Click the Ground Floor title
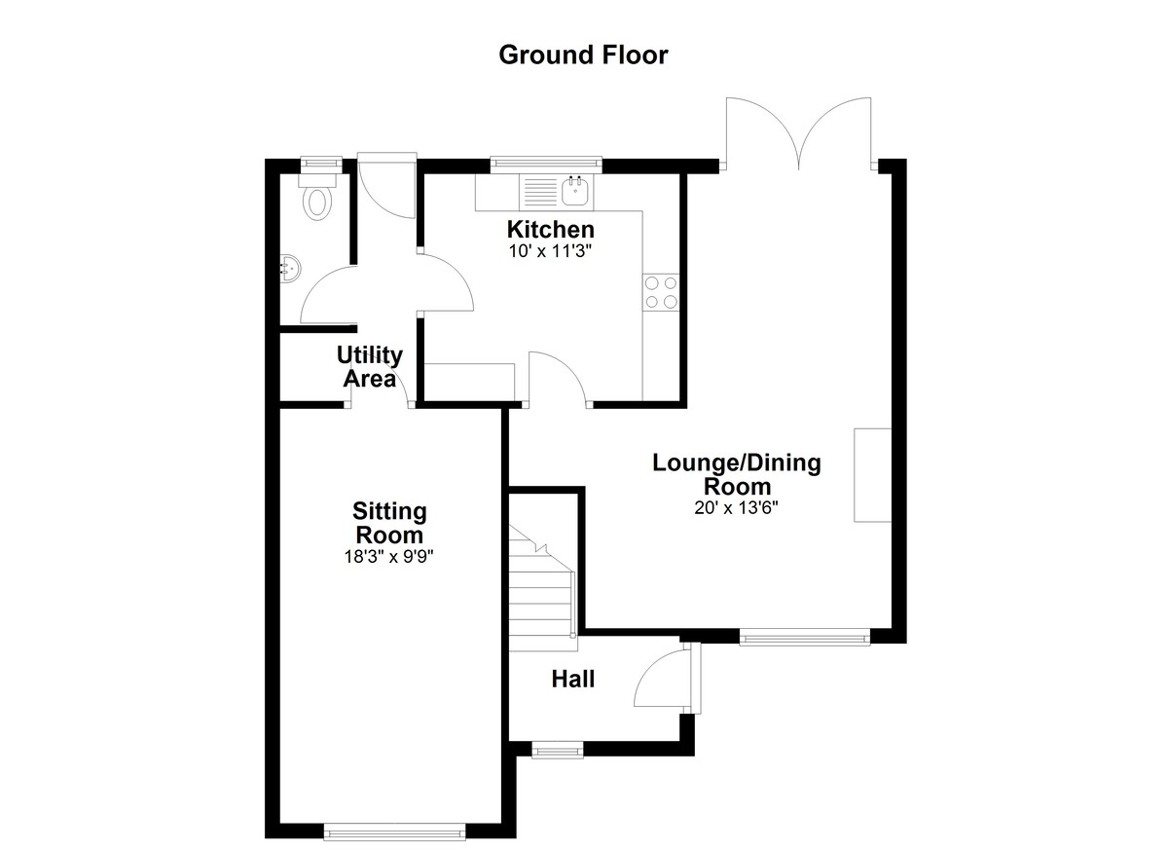(583, 55)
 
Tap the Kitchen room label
(551, 229)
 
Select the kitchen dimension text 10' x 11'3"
(551, 252)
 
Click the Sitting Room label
(389, 523)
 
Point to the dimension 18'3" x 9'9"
(389, 557)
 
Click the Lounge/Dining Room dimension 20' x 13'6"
(736, 507)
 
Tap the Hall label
(573, 679)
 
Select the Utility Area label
(370, 367)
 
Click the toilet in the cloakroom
(317, 197)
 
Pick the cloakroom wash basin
(290, 269)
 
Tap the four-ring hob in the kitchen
(661, 292)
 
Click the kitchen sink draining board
(541, 192)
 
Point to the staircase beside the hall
(542, 588)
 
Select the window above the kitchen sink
(546, 164)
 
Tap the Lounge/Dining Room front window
(805, 637)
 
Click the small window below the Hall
(558, 750)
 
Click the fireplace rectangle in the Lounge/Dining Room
(872, 475)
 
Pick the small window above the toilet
(321, 165)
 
